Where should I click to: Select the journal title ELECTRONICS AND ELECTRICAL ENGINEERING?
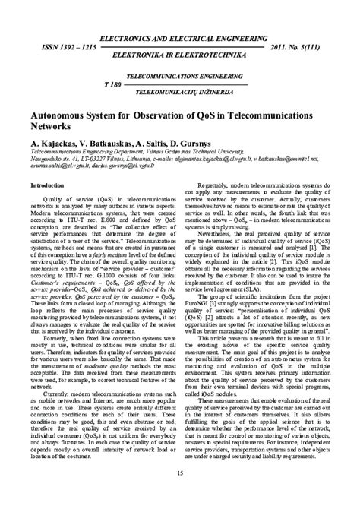pos(180,14)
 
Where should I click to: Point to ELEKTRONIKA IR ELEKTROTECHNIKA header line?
pos(180,35)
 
